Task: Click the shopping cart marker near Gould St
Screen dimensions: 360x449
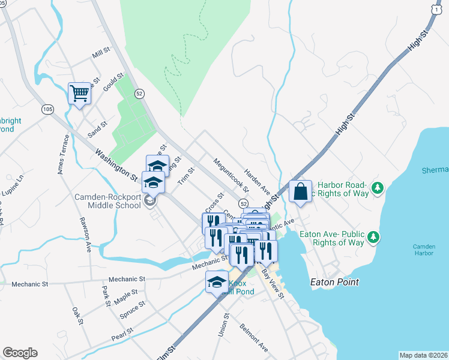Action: (79, 94)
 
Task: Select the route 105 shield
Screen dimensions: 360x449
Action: (48, 109)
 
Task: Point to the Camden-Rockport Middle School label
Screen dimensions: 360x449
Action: (107, 201)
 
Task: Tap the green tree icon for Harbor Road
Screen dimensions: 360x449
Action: (378, 188)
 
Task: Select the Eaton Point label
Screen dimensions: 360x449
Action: (334, 281)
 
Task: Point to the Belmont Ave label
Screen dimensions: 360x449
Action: (254, 338)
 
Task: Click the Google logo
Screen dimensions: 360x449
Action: (20, 353)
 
